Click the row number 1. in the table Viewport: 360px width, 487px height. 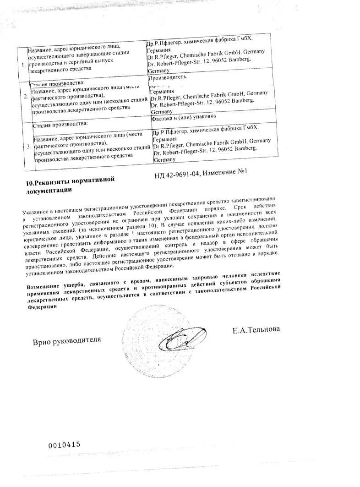(23, 65)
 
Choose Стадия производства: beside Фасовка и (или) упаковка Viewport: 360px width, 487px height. (59, 124)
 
